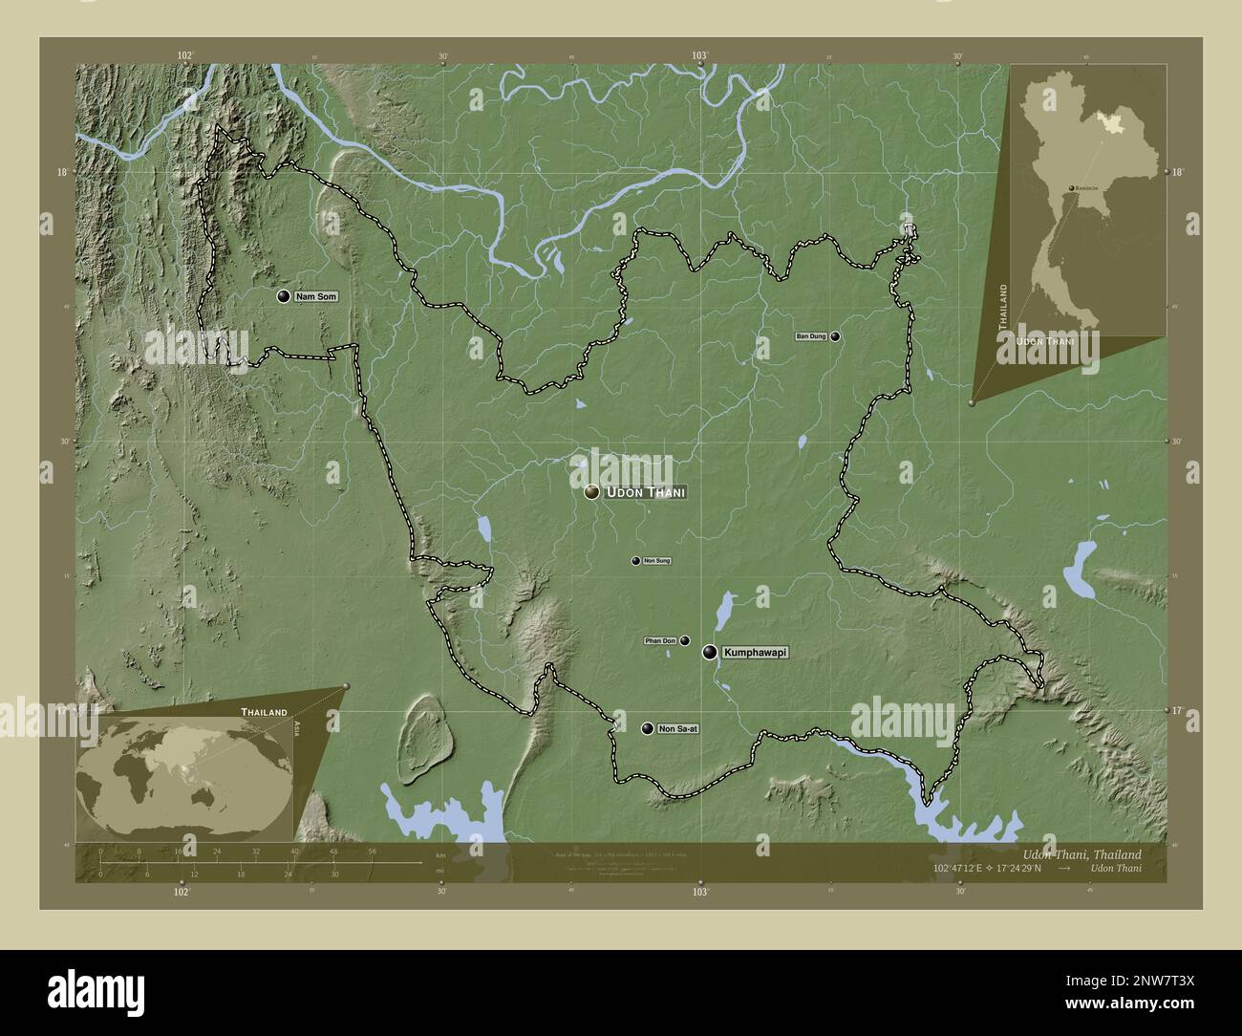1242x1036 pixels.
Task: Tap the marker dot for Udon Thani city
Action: [x=592, y=492]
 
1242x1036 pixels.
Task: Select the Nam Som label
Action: [x=315, y=297]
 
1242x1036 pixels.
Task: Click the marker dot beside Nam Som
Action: [x=283, y=297]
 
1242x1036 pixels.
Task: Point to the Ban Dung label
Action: [x=811, y=336]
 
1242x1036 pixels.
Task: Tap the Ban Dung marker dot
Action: [x=835, y=336]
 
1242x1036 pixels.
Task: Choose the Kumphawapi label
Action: [x=756, y=653]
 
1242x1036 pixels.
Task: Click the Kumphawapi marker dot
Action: [x=710, y=653]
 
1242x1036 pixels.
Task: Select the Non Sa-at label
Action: [x=677, y=729]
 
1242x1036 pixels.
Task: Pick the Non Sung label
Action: [x=656, y=561]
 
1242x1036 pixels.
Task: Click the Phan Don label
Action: [x=660, y=640]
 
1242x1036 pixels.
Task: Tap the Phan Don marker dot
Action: [x=684, y=640]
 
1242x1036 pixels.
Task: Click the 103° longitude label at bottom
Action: [x=700, y=891]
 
